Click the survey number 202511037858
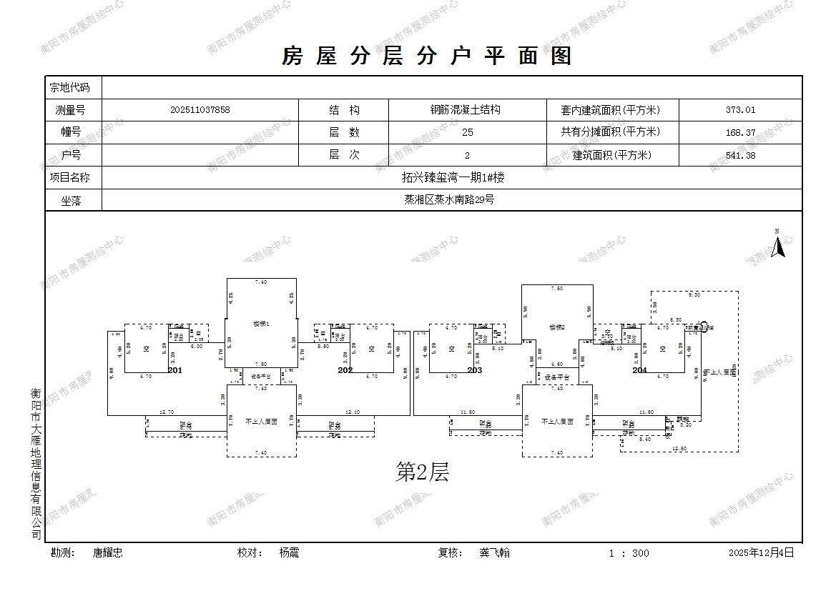point(200,110)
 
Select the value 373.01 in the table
point(740,110)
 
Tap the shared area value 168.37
point(740,132)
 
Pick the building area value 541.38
point(740,155)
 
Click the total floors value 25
point(468,132)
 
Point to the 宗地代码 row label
point(70,87)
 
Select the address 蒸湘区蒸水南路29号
point(449,199)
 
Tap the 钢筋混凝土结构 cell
point(465,110)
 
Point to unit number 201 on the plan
point(175,370)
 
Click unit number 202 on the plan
point(345,370)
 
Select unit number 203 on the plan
point(475,370)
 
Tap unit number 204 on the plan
point(639,370)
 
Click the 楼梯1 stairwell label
point(261,324)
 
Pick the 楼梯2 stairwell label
point(557,327)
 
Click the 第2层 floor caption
point(422,472)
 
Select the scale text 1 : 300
point(629,552)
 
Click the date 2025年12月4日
point(761,552)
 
